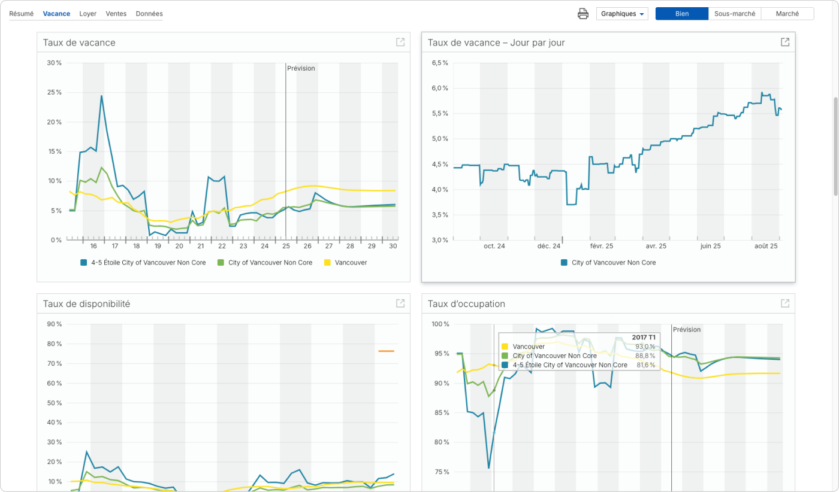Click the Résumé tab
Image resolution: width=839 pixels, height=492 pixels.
21,14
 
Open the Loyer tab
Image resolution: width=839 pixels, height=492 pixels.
87,14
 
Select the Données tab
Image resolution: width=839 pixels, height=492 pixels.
149,14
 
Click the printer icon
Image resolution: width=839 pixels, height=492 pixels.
583,14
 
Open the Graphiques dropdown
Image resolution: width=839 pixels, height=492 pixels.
622,14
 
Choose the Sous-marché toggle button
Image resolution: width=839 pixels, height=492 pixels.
735,14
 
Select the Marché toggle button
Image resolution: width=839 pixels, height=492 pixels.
787,14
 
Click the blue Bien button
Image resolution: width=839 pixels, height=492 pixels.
682,14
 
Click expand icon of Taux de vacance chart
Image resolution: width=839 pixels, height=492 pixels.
400,42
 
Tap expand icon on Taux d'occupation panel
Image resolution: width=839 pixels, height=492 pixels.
785,303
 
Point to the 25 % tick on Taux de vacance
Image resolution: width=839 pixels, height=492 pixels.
55,92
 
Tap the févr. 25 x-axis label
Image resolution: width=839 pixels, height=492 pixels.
602,246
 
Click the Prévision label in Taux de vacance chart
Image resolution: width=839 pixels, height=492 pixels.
301,68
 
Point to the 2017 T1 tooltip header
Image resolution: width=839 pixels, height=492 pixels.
643,337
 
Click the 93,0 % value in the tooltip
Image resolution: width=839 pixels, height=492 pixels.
645,347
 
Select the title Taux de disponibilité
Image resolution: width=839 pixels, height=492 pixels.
86,304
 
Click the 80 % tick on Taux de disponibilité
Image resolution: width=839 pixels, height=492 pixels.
55,344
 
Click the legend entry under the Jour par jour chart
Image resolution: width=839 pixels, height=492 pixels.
608,263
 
